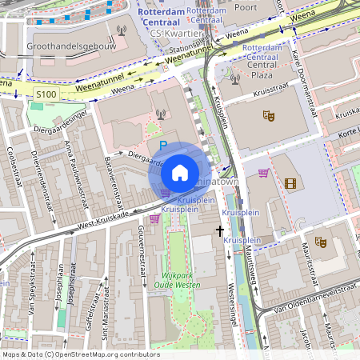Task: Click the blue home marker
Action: point(180,173)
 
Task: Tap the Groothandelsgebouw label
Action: point(71,46)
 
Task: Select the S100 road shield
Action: point(46,94)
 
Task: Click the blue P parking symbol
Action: point(163,146)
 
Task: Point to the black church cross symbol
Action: point(220,231)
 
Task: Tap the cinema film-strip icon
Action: point(290,183)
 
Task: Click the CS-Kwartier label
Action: point(170,34)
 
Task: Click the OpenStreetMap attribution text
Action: point(80,354)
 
